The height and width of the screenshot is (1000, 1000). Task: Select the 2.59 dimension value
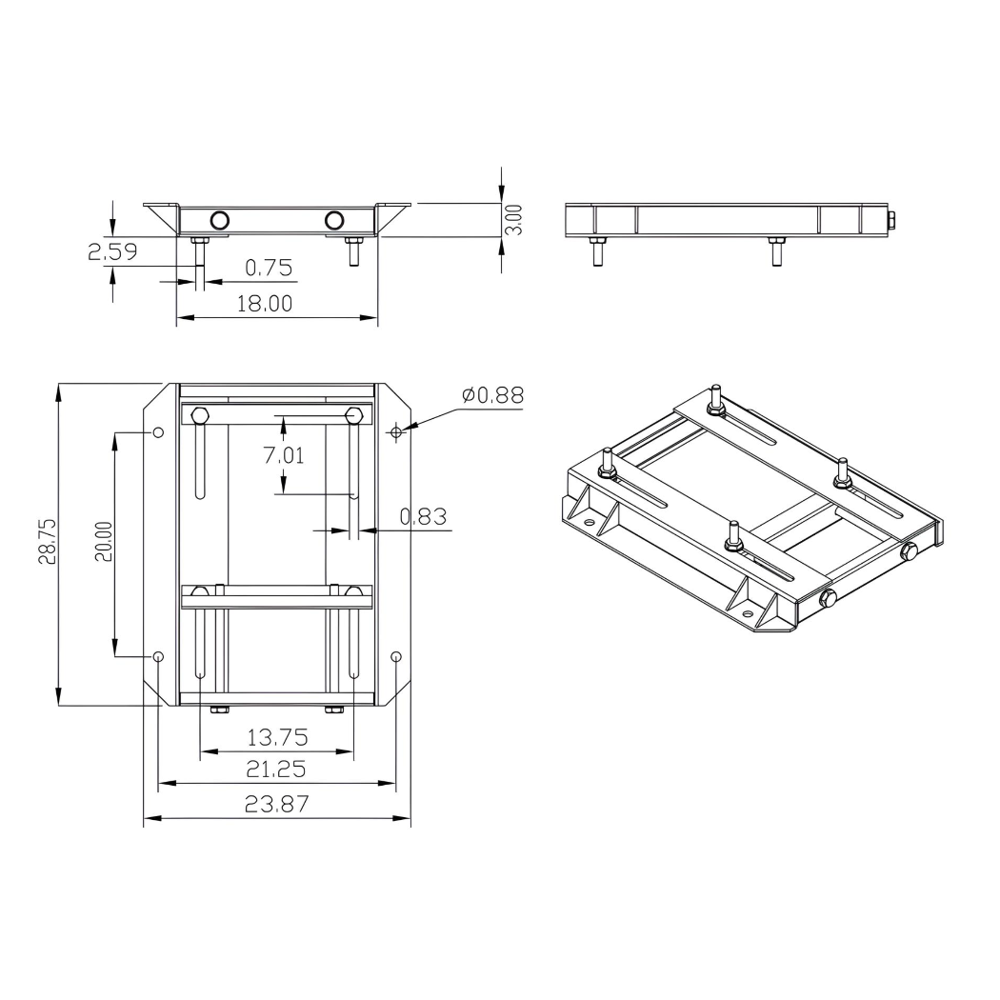(x=112, y=252)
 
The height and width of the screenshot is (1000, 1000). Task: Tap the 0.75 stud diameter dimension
(x=268, y=268)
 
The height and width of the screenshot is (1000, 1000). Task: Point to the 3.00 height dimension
(x=513, y=219)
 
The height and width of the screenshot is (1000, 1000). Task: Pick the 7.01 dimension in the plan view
(x=283, y=455)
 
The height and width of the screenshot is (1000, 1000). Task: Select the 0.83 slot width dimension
(x=422, y=517)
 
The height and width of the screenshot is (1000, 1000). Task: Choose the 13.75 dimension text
(x=276, y=738)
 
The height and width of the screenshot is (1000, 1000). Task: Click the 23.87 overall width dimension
(x=276, y=804)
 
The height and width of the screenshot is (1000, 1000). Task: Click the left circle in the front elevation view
(x=219, y=221)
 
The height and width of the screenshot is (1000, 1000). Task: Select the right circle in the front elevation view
(x=333, y=221)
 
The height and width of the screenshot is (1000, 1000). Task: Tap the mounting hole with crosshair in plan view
(x=396, y=432)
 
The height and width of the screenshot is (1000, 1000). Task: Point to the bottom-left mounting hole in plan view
(x=158, y=656)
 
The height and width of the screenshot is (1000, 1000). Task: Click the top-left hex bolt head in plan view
(x=200, y=415)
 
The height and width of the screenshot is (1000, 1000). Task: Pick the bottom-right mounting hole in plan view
(x=396, y=656)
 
